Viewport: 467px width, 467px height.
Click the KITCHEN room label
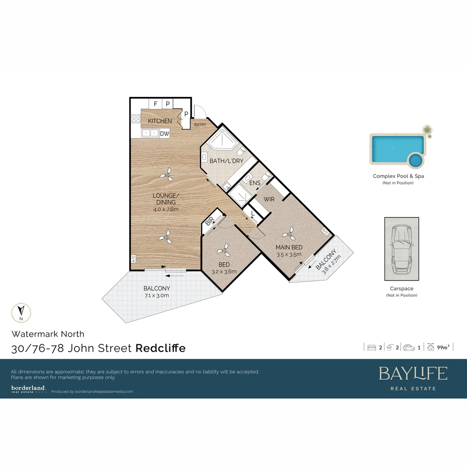tap(160, 121)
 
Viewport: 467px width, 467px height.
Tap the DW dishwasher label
tap(165, 134)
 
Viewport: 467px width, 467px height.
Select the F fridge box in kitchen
tap(155, 104)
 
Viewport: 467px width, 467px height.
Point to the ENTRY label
tap(200, 125)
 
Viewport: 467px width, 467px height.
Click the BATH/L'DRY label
tap(226, 161)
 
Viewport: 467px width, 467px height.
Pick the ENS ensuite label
tap(255, 183)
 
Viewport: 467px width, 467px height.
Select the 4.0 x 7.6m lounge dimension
tap(166, 209)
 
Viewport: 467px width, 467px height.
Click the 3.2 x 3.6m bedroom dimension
tap(224, 272)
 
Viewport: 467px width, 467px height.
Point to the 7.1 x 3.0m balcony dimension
tap(157, 295)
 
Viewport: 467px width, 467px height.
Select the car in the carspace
tap(401, 249)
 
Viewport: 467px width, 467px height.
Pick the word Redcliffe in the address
tap(160, 348)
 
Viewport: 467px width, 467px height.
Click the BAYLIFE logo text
tap(413, 373)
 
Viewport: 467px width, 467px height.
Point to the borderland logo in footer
tap(29, 389)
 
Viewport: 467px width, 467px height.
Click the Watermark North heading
tap(48, 334)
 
